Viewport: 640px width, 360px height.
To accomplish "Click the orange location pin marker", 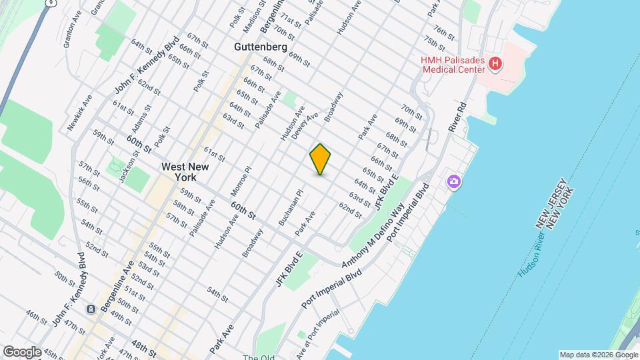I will click(x=321, y=159).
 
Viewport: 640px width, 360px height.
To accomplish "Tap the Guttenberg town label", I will click(x=261, y=47).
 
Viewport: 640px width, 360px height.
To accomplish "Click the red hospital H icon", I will click(x=495, y=64).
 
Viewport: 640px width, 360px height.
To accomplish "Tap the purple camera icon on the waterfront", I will click(x=454, y=181).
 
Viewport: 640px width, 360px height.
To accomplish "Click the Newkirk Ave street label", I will click(x=79, y=112).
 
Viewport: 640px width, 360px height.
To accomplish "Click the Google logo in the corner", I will click(x=22, y=351).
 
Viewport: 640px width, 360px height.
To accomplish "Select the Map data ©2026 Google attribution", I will click(x=598, y=355).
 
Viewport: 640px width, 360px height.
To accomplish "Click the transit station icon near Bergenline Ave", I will click(x=89, y=309).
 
